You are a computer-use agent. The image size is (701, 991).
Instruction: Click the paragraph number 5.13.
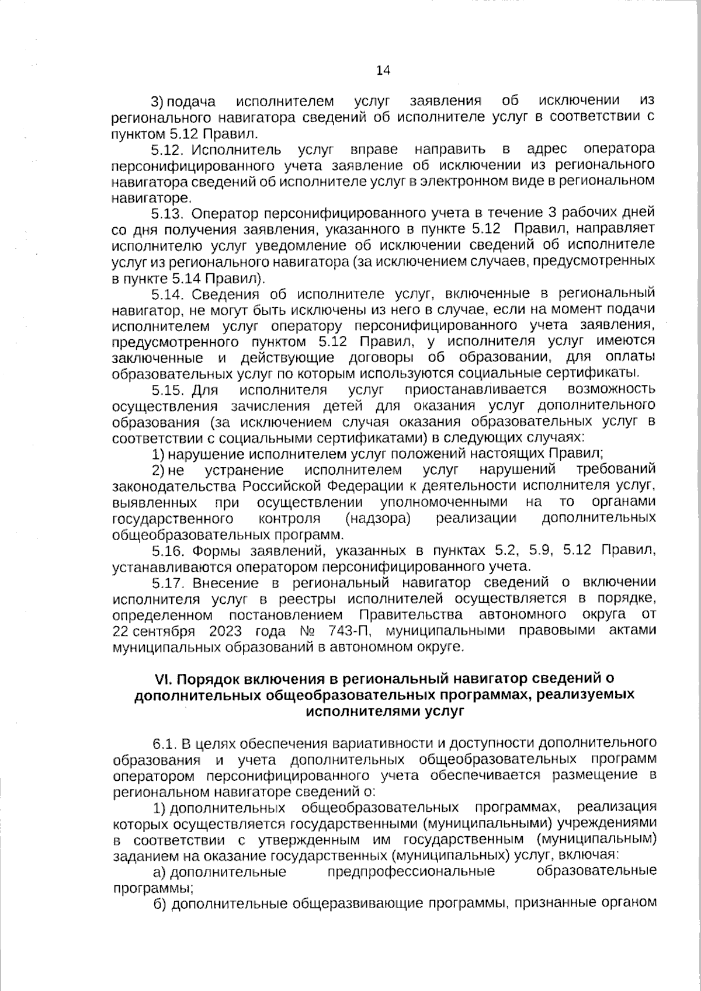pos(168,211)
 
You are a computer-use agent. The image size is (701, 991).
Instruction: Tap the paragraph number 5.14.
pos(168,293)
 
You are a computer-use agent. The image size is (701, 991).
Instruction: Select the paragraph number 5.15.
pos(168,390)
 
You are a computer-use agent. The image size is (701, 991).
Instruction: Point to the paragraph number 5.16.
pos(168,550)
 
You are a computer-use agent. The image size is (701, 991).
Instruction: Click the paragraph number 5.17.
pos(168,582)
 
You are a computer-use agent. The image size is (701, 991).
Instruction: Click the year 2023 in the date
pos(225,631)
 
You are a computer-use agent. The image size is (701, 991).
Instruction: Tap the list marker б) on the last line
pos(159,905)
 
